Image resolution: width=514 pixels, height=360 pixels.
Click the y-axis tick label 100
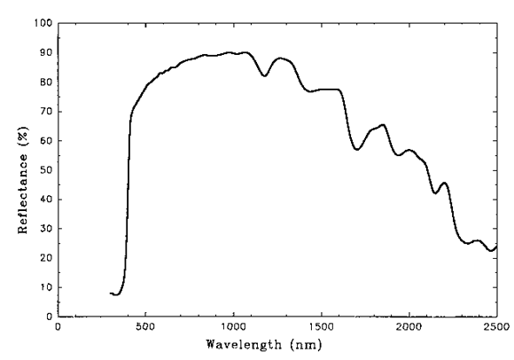[43, 22]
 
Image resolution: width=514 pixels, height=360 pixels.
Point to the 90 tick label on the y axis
[45, 52]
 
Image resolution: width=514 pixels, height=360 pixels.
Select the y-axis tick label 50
[45, 169]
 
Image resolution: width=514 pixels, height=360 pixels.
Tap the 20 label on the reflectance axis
[45, 257]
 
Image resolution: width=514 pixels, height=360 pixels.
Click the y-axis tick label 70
[45, 111]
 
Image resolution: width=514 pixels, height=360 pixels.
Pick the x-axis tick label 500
[145, 327]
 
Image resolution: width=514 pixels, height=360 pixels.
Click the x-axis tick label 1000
[233, 327]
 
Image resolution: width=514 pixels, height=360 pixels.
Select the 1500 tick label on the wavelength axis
[321, 327]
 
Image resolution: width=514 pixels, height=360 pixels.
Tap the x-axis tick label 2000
[409, 327]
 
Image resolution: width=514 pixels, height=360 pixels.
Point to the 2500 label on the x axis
[495, 327]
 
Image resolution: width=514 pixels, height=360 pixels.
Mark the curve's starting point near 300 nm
[111, 293]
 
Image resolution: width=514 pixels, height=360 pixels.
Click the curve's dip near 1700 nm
[357, 149]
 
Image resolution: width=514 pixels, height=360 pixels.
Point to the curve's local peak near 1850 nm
[382, 125]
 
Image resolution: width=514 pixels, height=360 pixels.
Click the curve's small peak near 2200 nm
[444, 183]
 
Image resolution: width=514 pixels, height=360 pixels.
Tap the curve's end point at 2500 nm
[496, 246]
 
